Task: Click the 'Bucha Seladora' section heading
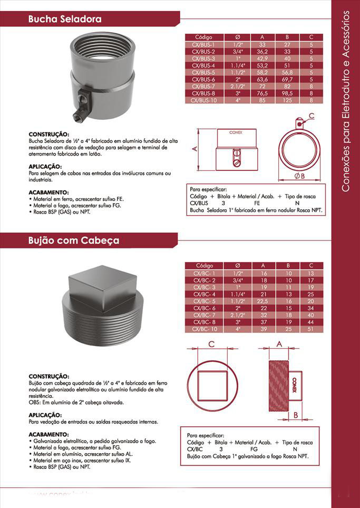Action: tap(65, 20)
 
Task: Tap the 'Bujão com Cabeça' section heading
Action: tap(74, 241)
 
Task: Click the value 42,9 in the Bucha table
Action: tap(262, 58)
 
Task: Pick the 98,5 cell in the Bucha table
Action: tap(287, 92)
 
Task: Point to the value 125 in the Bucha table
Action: tap(287, 99)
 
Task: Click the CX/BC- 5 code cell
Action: tap(204, 301)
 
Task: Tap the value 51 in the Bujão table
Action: tap(311, 329)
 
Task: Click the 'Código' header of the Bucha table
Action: tap(203, 37)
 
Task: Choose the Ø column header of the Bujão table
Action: tap(237, 265)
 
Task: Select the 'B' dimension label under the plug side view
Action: tap(296, 415)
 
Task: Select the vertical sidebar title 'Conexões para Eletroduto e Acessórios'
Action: tap(346, 100)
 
